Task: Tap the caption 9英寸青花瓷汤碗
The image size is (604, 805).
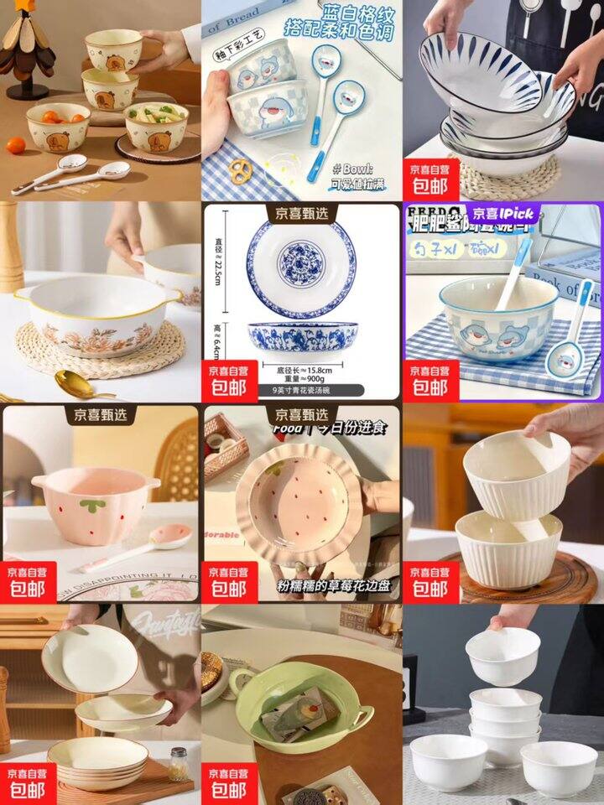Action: tap(301, 390)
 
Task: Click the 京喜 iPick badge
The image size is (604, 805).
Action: tap(502, 214)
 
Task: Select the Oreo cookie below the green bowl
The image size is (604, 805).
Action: tap(306, 795)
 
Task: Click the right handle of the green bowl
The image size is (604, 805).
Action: tap(362, 718)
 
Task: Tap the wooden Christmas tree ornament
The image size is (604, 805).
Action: tap(26, 51)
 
